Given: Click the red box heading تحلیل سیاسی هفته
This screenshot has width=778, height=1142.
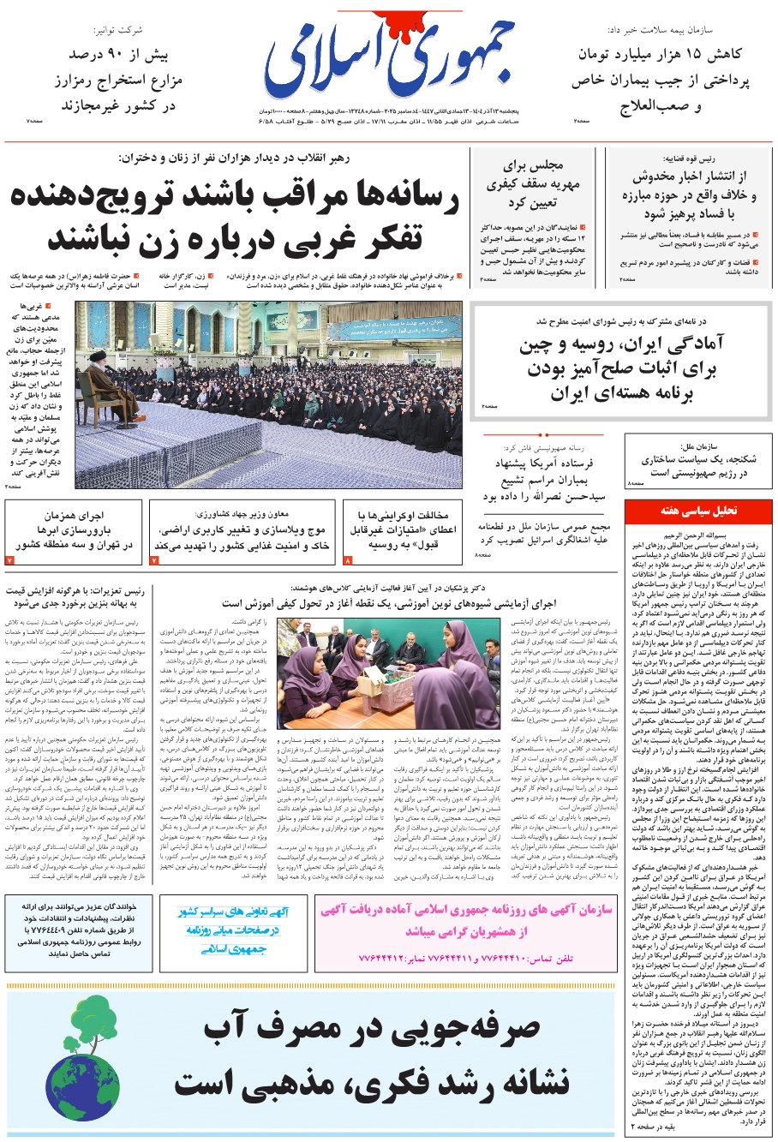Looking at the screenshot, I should pyautogui.click(x=697, y=511).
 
